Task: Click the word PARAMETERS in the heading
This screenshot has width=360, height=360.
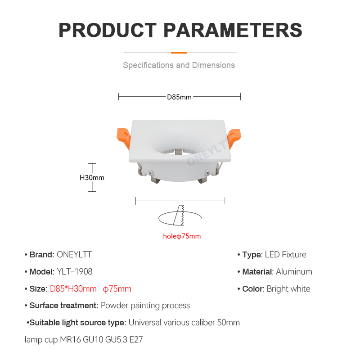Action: pos(233,30)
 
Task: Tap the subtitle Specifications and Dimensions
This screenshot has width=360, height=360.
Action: pos(179,65)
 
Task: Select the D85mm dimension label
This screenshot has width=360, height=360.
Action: pos(179,97)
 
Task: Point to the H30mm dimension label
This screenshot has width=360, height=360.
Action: pos(92,178)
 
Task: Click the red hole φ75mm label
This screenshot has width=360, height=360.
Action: pos(182,236)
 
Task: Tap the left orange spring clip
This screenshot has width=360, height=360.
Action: pos(123,139)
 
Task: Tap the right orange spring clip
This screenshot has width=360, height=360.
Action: pos(234,138)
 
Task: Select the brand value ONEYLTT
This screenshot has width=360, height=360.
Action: pos(74,255)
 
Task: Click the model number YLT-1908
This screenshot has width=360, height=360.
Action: pos(75,272)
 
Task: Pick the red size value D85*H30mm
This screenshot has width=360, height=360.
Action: pos(73,289)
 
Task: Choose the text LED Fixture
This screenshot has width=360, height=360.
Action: pos(285,255)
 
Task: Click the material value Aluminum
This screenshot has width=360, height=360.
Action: pos(294,272)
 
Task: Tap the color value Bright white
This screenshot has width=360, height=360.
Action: pos(288,289)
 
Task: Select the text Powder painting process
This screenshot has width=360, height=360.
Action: pos(145,306)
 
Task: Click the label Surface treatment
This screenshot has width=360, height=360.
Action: pos(64,306)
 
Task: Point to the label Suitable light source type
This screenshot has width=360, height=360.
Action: pos(77,323)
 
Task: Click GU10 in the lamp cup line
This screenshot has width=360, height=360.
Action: pos(93,340)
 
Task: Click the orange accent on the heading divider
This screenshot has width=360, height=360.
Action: pos(179,53)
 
